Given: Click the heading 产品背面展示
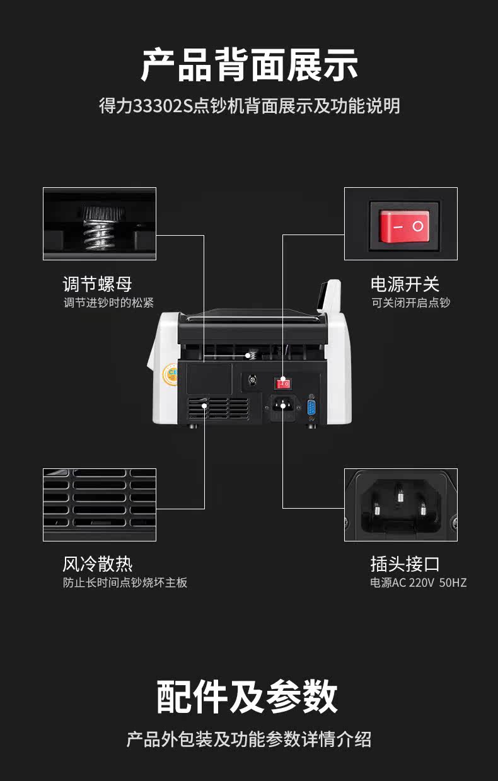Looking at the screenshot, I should click(249, 65).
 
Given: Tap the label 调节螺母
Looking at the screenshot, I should click(97, 284).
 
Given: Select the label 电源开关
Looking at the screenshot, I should click(405, 284).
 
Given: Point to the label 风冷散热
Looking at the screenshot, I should click(97, 563).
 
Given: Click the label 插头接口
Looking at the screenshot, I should click(405, 563).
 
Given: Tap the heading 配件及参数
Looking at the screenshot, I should click(248, 697).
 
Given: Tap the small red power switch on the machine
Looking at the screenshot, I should click(283, 383).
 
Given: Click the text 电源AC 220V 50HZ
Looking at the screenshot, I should click(419, 583).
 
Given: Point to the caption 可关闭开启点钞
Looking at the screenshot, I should click(410, 303).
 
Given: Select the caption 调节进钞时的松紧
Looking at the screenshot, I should click(108, 303).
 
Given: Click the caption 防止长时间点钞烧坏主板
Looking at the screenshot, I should click(125, 583).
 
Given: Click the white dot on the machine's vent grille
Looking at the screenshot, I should click(205, 407).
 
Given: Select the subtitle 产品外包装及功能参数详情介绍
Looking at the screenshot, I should click(249, 739).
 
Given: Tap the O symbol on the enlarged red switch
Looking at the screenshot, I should click(417, 225).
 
